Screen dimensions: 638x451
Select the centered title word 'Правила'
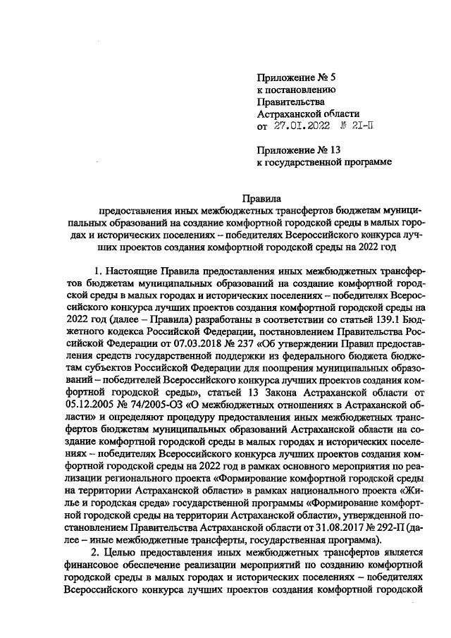point(261,200)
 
